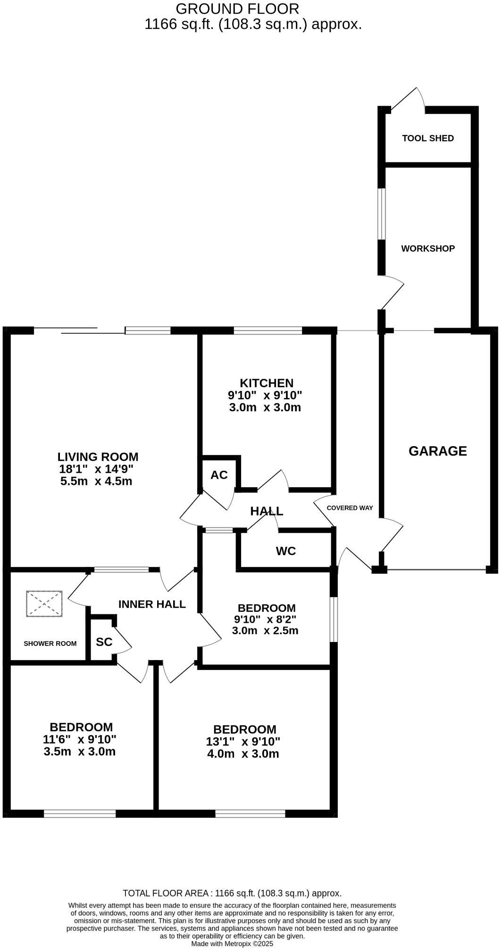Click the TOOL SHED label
click(x=427, y=138)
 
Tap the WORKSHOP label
click(x=427, y=248)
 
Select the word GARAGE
click(x=437, y=451)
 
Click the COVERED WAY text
click(x=350, y=508)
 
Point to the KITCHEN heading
click(x=266, y=383)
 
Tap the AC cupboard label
click(x=219, y=475)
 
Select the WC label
click(x=285, y=551)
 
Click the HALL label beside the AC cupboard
click(x=267, y=511)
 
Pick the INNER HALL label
click(x=152, y=604)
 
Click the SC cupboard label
click(x=104, y=642)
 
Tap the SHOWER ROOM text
click(x=50, y=643)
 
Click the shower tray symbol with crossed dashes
click(x=44, y=603)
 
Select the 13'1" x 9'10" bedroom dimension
click(x=243, y=742)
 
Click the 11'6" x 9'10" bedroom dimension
click(x=80, y=739)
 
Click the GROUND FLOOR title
click(x=237, y=8)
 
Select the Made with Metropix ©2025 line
click(x=232, y=944)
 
